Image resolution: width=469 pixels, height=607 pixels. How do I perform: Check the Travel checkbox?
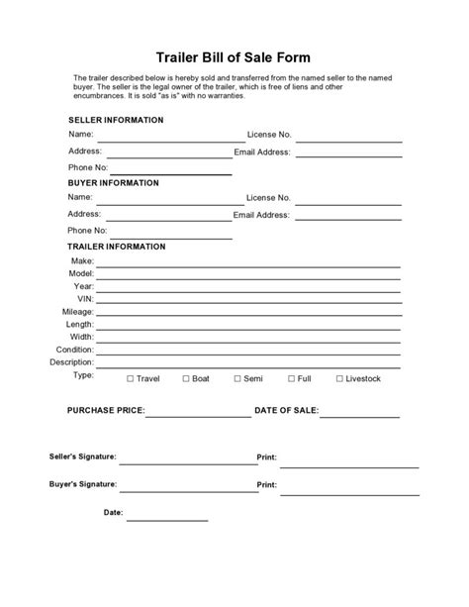131,378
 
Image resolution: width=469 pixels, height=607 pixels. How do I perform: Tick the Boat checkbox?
185,378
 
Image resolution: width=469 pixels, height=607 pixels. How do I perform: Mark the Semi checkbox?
237,378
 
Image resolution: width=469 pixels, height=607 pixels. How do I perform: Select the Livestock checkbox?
339,378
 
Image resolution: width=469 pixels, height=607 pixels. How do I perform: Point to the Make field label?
82,259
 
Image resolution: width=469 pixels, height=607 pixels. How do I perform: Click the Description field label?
71,362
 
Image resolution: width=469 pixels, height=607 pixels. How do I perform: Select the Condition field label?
74,350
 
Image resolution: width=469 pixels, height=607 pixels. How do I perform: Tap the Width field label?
81,337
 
